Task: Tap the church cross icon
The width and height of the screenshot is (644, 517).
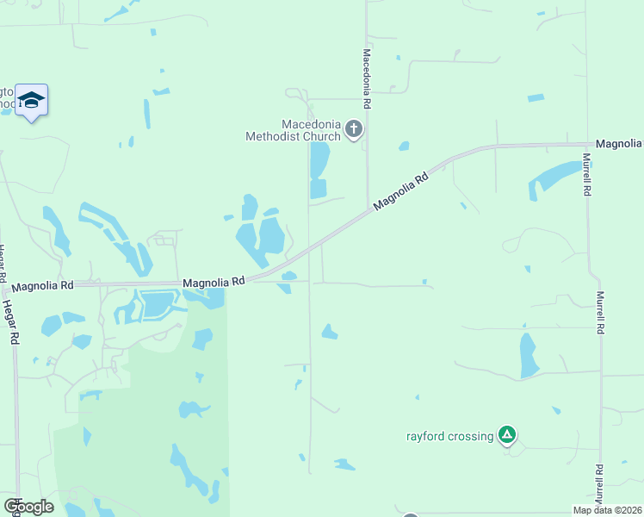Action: point(353,130)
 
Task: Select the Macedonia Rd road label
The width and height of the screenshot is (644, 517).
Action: point(367,78)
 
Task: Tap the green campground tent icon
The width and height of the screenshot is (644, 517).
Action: point(508,435)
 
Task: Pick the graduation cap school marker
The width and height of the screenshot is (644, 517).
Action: point(32,101)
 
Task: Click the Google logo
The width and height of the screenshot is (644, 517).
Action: point(28,506)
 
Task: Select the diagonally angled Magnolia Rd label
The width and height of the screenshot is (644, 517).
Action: point(401,192)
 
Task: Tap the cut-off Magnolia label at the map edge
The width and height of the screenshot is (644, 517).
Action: point(620,143)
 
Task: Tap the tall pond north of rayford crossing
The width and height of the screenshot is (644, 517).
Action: point(528,354)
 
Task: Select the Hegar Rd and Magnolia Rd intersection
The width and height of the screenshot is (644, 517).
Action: point(15,285)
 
